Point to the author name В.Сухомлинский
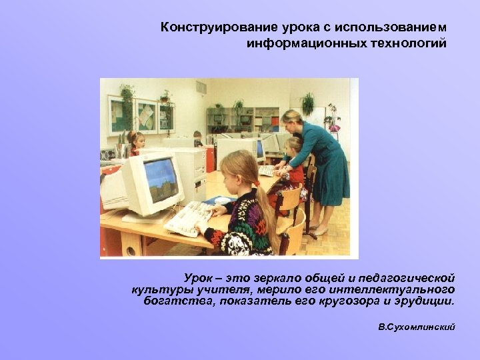pos(416,328)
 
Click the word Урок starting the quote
pos(198,277)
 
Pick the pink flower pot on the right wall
pos(333,127)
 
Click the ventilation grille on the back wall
pos(201,87)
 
